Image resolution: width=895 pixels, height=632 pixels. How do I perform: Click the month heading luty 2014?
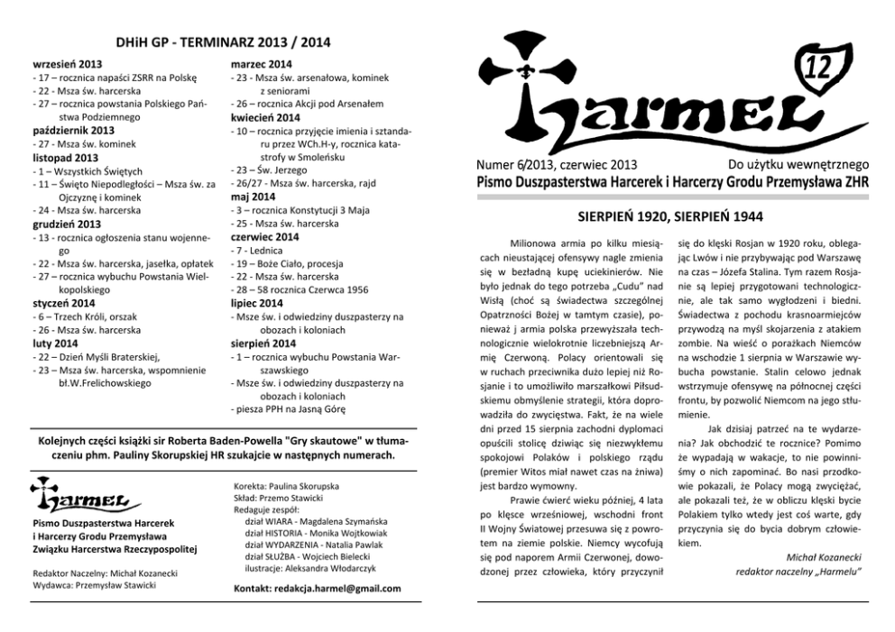[55, 343]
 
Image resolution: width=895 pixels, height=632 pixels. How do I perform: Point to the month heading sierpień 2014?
[263, 343]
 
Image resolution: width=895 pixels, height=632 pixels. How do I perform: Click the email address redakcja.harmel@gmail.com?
[317, 589]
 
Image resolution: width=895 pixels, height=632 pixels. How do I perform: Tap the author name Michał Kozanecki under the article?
[826, 557]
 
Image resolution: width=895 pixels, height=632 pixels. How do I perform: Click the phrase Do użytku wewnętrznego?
[797, 164]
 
